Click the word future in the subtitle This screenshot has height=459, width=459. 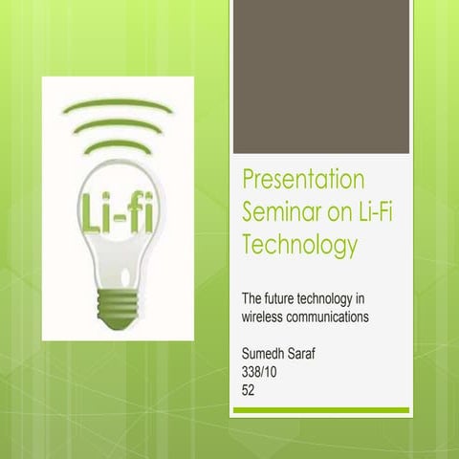tap(288, 300)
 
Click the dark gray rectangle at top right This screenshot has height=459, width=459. tap(320, 76)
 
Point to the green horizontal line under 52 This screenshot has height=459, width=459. tap(320, 410)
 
